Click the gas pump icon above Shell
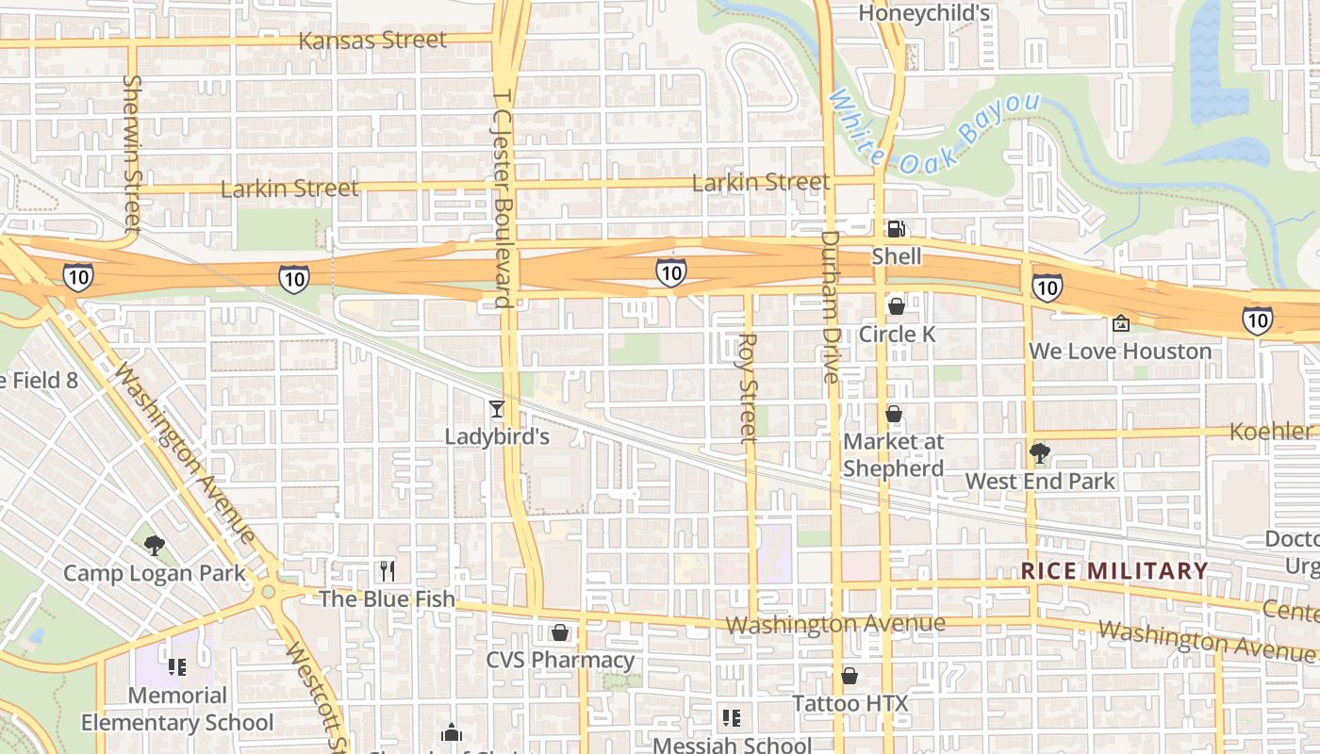(896, 229)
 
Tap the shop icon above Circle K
(896, 306)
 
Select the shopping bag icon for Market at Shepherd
(894, 414)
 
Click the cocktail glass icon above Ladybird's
(497, 409)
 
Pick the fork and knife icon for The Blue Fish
(387, 570)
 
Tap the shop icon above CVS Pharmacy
(560, 631)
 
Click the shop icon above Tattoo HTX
(850, 676)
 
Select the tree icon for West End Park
(1040, 453)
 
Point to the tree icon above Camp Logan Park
(155, 545)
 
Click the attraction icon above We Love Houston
(1120, 323)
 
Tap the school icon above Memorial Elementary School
(176, 667)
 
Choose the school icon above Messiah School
(732, 718)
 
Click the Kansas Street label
(372, 41)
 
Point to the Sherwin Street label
(132, 154)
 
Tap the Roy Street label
(748, 386)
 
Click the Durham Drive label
(830, 306)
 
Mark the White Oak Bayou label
(933, 132)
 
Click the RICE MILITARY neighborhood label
(1114, 571)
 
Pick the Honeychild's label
(924, 13)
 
